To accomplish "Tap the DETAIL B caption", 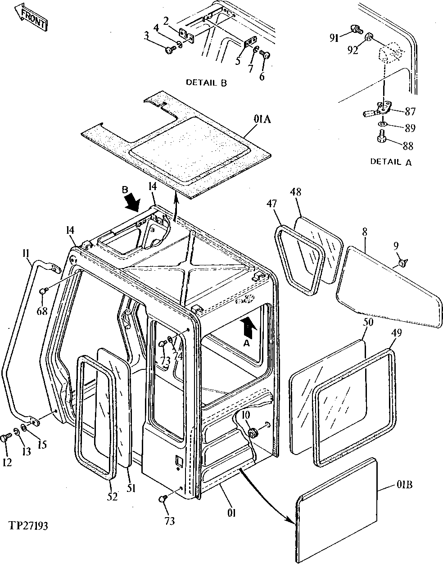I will tap(206, 82).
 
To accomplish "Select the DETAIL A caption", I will tap(390, 162).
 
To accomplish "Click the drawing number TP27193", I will tap(28, 526).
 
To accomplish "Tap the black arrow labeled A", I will tap(247, 327).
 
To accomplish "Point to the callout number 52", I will tap(112, 496).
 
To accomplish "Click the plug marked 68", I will tap(44, 291).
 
